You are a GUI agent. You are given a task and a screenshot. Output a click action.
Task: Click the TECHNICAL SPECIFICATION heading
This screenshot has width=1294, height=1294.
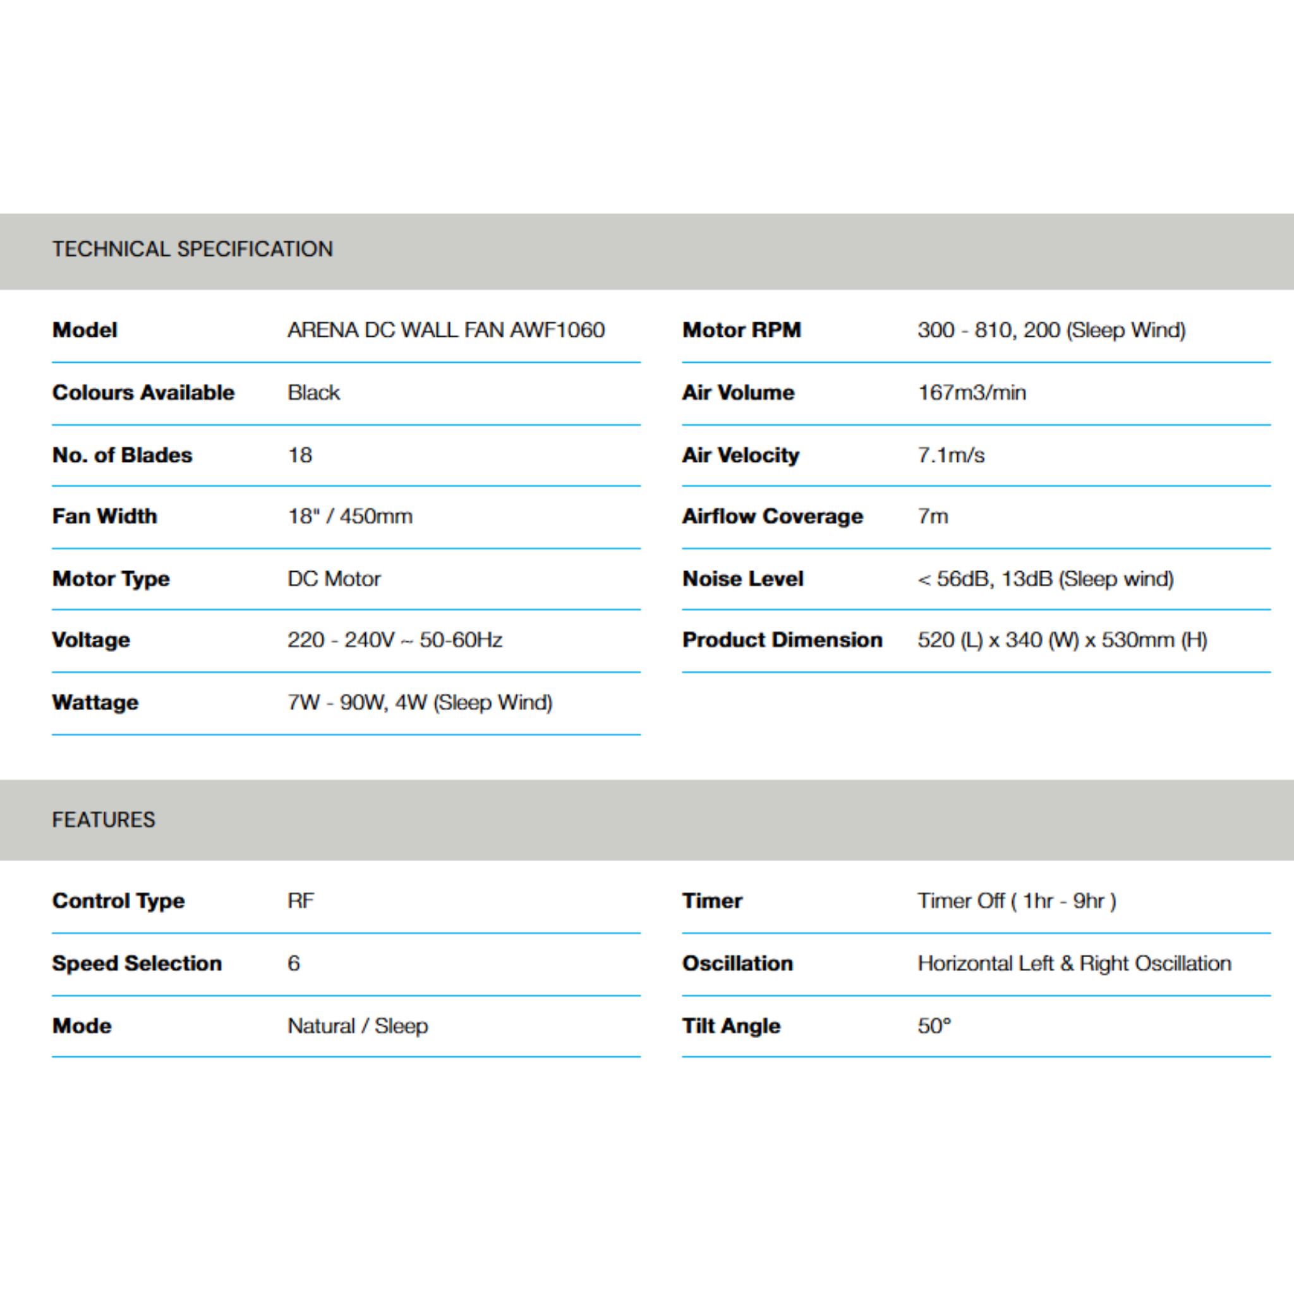(192, 249)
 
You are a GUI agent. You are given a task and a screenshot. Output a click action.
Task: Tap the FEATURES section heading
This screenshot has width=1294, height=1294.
(103, 819)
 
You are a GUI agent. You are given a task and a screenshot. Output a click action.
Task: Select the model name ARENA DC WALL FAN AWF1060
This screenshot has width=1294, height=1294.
(446, 330)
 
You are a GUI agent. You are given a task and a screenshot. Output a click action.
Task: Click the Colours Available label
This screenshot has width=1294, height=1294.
(143, 392)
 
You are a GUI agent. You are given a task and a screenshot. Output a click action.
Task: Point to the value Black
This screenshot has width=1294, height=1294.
(313, 392)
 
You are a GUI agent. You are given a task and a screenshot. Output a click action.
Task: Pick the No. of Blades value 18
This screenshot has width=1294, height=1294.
(300, 456)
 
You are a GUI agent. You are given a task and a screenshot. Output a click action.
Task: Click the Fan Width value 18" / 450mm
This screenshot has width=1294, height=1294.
(350, 516)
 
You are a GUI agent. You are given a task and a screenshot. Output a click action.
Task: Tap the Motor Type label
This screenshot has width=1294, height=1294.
(111, 579)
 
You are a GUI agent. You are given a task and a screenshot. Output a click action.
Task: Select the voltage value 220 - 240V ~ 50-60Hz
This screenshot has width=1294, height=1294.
(395, 640)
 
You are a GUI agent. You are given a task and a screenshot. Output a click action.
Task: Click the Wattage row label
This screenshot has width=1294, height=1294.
(96, 703)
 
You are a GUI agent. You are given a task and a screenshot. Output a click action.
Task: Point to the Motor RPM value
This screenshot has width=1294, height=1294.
(1051, 330)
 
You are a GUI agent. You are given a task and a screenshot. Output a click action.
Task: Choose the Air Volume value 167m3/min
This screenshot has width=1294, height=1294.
(972, 392)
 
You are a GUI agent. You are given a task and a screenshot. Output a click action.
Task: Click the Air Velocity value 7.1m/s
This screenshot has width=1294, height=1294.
(951, 456)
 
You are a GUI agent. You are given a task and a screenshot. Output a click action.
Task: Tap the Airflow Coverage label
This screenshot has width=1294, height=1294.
(773, 516)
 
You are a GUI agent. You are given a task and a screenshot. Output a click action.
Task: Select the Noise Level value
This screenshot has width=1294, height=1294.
(1046, 579)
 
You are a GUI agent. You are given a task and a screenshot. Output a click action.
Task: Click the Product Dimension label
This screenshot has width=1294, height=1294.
(782, 640)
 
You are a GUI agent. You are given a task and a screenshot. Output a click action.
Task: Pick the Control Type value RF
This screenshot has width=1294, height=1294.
(301, 901)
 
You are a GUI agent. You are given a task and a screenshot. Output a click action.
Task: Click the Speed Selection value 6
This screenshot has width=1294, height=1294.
(294, 963)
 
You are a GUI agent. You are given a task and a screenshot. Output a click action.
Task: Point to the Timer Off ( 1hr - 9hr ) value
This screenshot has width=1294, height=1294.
(1017, 901)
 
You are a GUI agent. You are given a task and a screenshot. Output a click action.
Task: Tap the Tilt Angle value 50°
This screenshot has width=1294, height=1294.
(934, 1026)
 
